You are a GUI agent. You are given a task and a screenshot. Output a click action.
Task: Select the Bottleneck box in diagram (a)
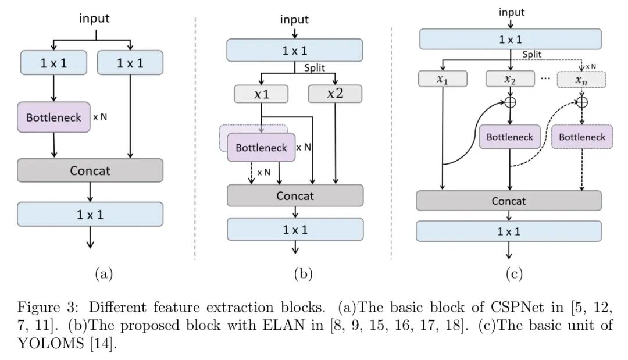pyautogui.click(x=54, y=116)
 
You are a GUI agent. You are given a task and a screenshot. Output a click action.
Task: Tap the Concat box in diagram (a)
pyautogui.click(x=90, y=170)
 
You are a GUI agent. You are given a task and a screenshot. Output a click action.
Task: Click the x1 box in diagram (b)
pyautogui.click(x=261, y=94)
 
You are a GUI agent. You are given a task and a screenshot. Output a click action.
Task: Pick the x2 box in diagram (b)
pyautogui.click(x=335, y=94)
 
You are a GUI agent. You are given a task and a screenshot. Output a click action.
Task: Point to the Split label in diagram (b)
pyautogui.click(x=315, y=67)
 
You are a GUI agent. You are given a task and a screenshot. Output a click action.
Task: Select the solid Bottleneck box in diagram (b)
pyautogui.click(x=261, y=148)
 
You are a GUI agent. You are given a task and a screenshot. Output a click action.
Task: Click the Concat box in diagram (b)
pyautogui.click(x=295, y=195)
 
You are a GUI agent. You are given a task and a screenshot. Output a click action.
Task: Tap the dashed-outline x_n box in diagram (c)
pyautogui.click(x=581, y=79)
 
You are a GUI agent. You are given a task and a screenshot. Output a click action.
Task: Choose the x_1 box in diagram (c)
pyautogui.click(x=443, y=79)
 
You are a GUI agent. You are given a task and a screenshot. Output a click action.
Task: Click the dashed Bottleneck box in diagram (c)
pyautogui.click(x=582, y=137)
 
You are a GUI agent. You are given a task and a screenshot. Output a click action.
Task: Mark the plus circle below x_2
pyautogui.click(x=511, y=102)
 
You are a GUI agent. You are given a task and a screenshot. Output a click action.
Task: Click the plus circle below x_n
pyautogui.click(x=581, y=102)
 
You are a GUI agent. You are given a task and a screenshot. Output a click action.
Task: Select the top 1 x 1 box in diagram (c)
pyautogui.click(x=510, y=40)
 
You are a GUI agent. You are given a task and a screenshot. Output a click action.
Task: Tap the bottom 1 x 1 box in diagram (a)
pyautogui.click(x=90, y=214)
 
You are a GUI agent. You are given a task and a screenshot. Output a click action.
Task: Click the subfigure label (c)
pyautogui.click(x=510, y=274)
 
